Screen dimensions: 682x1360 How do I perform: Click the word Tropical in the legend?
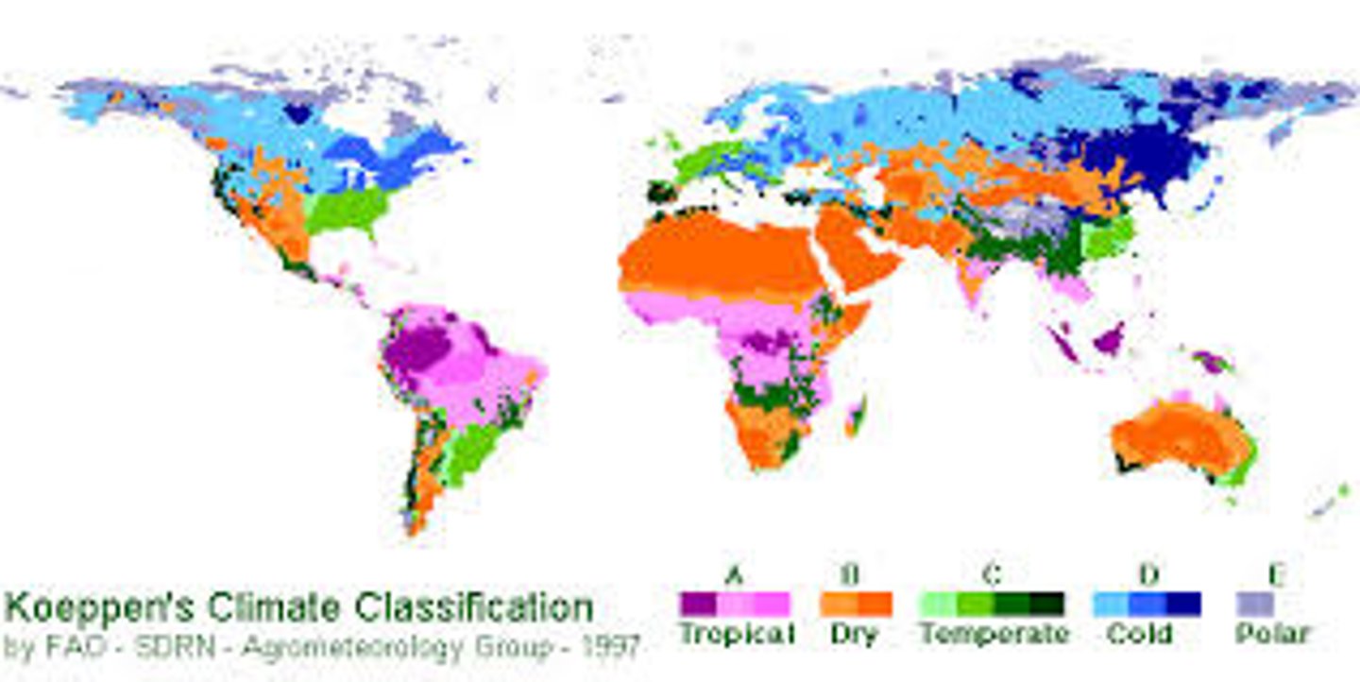(x=737, y=634)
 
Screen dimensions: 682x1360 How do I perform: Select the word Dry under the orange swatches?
(x=854, y=634)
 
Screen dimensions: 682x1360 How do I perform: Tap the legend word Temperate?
(x=994, y=634)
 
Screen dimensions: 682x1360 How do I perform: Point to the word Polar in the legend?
(x=1271, y=634)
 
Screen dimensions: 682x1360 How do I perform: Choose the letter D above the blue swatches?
(x=1147, y=572)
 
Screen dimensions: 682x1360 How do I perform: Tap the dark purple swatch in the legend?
(x=698, y=604)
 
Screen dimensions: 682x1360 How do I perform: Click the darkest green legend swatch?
(x=1046, y=604)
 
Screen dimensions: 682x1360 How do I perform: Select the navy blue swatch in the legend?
(x=1183, y=604)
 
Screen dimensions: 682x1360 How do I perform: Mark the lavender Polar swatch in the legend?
(x=1255, y=604)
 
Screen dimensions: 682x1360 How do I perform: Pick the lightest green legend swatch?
(x=937, y=604)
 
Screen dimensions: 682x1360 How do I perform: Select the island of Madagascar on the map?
(x=856, y=415)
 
